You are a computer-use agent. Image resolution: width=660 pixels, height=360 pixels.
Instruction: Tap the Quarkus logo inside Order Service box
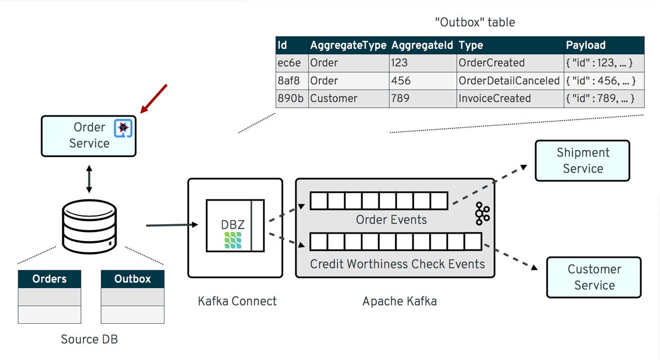pos(123,128)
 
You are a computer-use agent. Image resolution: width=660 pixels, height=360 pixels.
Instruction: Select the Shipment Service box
pos(582,160)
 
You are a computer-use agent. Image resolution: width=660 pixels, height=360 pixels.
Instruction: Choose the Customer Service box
pos(594,277)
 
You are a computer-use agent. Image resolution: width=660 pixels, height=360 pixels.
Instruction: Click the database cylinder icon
pos(89,226)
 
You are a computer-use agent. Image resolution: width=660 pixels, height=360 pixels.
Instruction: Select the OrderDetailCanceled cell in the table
pos(509,81)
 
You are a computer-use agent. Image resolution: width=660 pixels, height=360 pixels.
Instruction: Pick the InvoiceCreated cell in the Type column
pos(495,98)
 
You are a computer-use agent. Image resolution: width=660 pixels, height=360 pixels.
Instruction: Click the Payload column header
pos(586,46)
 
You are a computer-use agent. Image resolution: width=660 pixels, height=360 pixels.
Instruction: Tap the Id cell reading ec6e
pos(290,63)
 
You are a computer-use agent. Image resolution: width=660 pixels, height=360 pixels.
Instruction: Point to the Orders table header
pos(50,279)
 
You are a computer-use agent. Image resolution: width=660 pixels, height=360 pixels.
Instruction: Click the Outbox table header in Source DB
pos(132,279)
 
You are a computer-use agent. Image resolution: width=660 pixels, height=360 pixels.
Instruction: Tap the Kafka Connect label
pos(237,301)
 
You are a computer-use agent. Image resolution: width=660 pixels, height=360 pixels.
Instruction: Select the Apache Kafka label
pos(399,301)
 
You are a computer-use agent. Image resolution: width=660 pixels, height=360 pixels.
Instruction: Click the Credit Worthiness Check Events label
pos(397,264)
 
